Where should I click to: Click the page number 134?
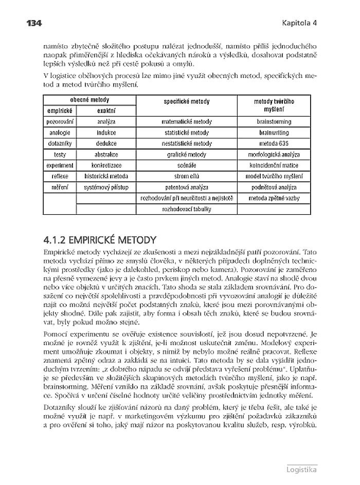point(31,23)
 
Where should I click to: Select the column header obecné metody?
point(89,100)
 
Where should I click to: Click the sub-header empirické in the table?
point(59,110)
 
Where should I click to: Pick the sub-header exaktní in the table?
point(106,110)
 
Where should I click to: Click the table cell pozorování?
point(60,122)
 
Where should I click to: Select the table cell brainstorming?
point(274,122)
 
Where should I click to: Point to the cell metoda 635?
point(274,143)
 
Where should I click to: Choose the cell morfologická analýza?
point(274,154)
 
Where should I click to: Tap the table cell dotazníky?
point(60,143)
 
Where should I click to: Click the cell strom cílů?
point(187,176)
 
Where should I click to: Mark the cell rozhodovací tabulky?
point(187,209)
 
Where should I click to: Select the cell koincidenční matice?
point(274,165)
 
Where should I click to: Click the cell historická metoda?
point(106,176)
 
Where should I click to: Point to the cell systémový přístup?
point(106,187)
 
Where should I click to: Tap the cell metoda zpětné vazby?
point(274,198)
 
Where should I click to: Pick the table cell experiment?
point(60,165)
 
